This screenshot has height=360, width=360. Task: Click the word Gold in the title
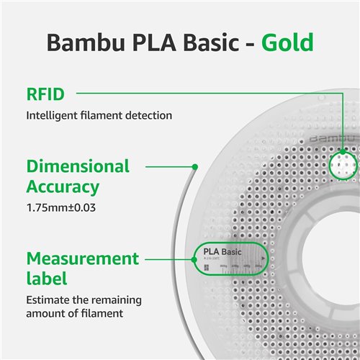pyautogui.click(x=286, y=42)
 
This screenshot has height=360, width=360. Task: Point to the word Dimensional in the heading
pyautogui.click(x=78, y=166)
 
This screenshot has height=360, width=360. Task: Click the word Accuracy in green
pyautogui.click(x=63, y=187)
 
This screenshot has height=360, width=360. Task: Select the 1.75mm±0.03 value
pyautogui.click(x=61, y=208)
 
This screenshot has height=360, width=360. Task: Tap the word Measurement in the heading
pyautogui.click(x=83, y=258)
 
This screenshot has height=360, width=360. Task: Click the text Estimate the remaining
pyautogui.click(x=84, y=300)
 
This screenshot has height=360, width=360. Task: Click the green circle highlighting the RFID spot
pyautogui.click(x=344, y=165)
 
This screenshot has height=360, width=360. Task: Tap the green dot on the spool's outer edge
pyautogui.click(x=194, y=167)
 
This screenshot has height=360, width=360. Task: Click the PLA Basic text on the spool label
pyautogui.click(x=222, y=252)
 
